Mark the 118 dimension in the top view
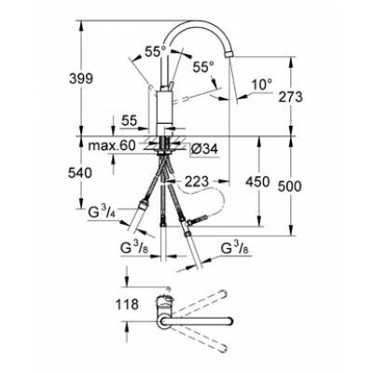coord(129,304)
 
